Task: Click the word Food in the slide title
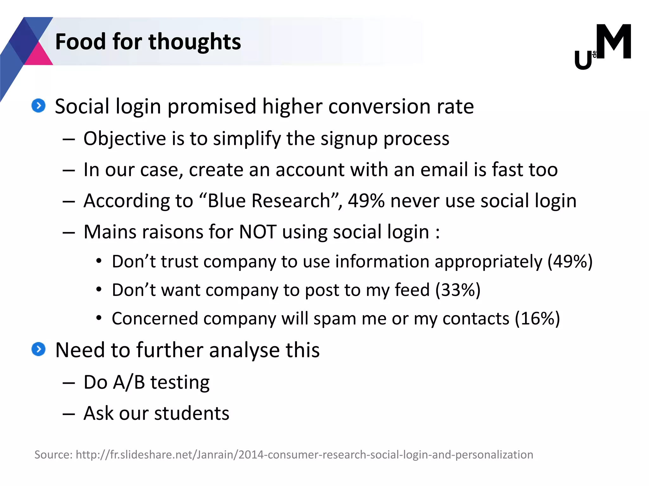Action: [80, 42]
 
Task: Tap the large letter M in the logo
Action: [614, 42]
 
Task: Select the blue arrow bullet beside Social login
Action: [39, 106]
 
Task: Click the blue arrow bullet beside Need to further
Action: [39, 349]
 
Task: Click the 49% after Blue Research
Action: [366, 201]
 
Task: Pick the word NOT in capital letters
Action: [257, 232]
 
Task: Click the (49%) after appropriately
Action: [570, 262]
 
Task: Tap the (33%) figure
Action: [458, 290]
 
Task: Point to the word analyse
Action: [244, 351]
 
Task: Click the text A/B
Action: [129, 382]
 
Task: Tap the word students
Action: [192, 413]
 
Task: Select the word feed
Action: [412, 290]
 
